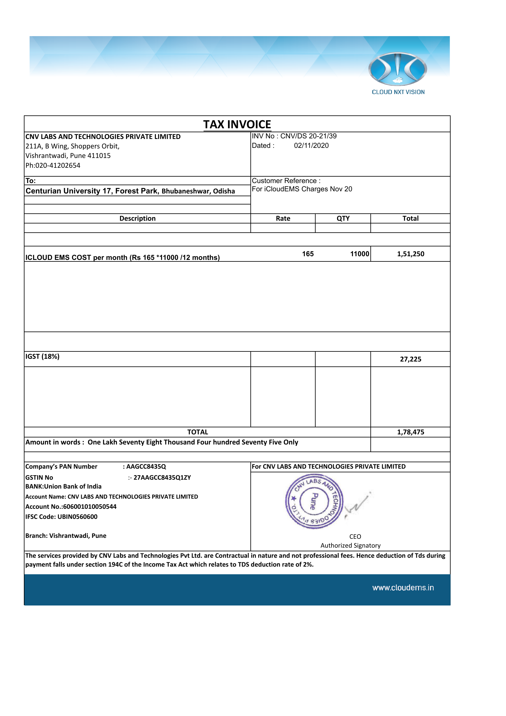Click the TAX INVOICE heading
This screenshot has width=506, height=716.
(x=237, y=124)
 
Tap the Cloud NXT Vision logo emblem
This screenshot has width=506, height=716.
(x=398, y=69)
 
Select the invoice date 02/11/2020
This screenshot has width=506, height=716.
(x=311, y=146)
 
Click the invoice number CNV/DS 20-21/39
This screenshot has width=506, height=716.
(x=308, y=136)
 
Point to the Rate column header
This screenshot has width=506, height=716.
(x=283, y=218)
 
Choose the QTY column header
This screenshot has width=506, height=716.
(x=343, y=218)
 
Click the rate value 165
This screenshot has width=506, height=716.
(x=308, y=254)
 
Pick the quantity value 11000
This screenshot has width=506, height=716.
(x=359, y=254)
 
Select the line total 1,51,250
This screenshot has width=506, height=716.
(x=410, y=254)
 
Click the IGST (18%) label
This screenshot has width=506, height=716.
(x=43, y=356)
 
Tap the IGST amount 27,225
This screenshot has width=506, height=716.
(x=410, y=359)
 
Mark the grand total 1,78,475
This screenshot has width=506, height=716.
(x=410, y=432)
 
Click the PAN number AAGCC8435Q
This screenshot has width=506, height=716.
(x=146, y=467)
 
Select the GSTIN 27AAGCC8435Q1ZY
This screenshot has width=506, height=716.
(x=162, y=478)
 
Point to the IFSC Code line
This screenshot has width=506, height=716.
(x=62, y=517)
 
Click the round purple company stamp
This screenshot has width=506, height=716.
(x=314, y=502)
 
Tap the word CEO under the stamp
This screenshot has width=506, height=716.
(x=355, y=536)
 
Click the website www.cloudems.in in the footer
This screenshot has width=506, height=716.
(x=403, y=587)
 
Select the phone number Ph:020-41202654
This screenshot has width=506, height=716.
(x=53, y=165)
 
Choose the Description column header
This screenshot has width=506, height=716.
(x=137, y=218)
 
